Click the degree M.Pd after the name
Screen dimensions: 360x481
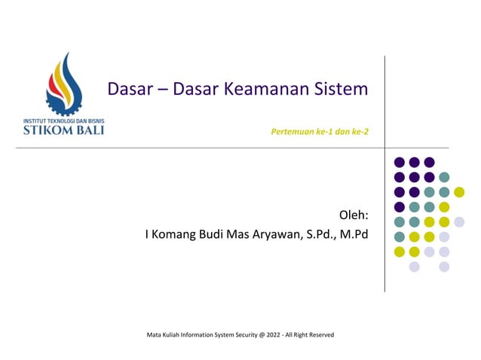point(354,235)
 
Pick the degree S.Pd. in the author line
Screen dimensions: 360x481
point(320,235)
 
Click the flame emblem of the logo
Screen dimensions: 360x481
point(67,83)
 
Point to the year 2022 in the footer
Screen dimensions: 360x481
point(276,334)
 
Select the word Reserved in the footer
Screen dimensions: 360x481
point(320,334)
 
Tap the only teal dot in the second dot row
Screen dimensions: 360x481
point(444,177)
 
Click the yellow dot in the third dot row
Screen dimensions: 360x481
point(458,192)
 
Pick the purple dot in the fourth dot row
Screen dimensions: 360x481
point(400,206)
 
